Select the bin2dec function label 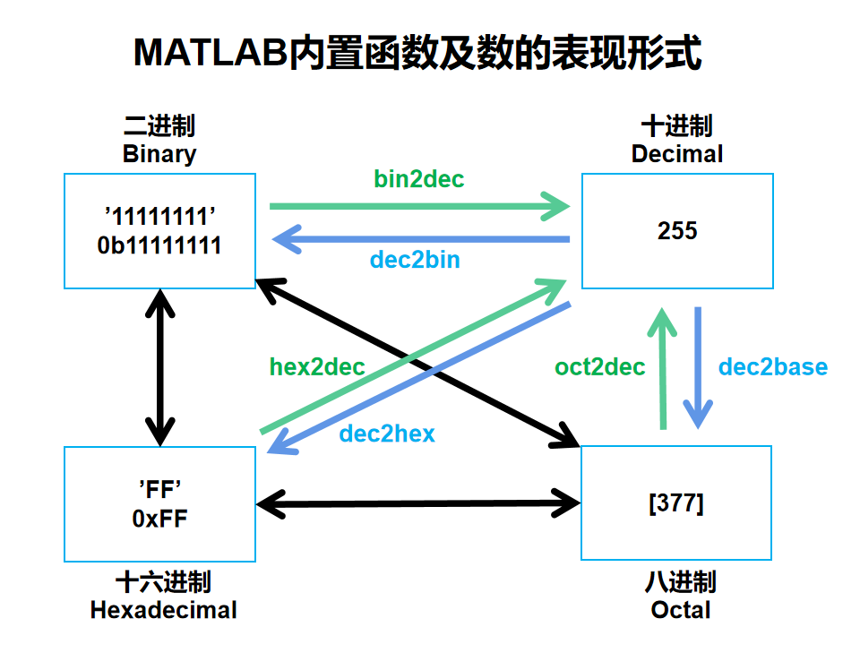(x=419, y=179)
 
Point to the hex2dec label (x=317, y=367)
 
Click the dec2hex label (x=387, y=434)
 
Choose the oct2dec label (x=599, y=367)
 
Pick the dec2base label (x=773, y=367)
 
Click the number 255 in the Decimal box (x=677, y=231)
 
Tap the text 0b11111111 (x=159, y=245)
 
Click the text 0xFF (x=159, y=519)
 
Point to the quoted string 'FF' (x=159, y=489)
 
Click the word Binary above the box (x=159, y=154)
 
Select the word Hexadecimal (x=163, y=611)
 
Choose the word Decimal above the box (x=677, y=154)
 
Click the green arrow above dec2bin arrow (x=419, y=207)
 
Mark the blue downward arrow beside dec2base (x=698, y=367)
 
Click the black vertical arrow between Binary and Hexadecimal (x=159, y=367)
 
